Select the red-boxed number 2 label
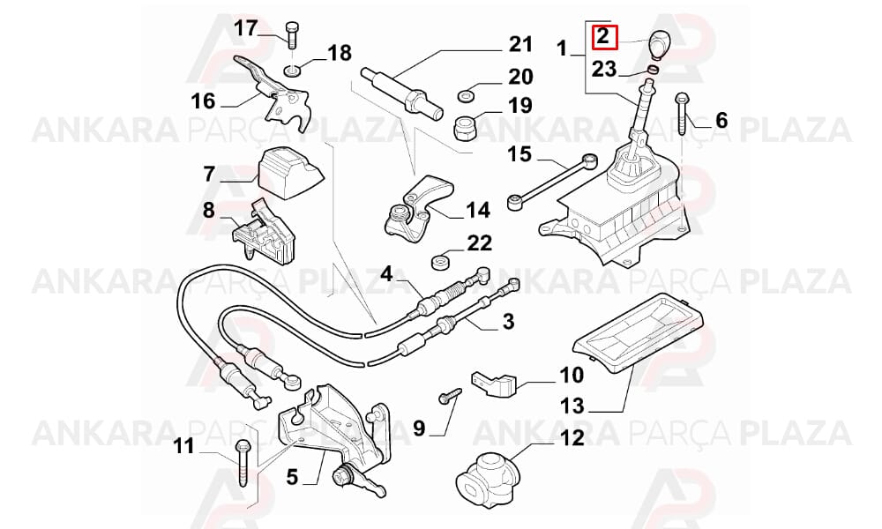click(604, 37)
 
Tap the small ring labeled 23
click(653, 71)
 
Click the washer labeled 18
click(292, 71)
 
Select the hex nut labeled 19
click(466, 128)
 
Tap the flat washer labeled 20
click(465, 95)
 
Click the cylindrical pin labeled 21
click(401, 92)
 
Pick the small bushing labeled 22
click(440, 261)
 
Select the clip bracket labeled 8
click(263, 230)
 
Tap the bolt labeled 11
click(242, 462)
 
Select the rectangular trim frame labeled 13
click(639, 332)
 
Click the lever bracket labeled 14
click(418, 210)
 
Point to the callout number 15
click(519, 154)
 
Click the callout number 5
click(291, 477)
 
